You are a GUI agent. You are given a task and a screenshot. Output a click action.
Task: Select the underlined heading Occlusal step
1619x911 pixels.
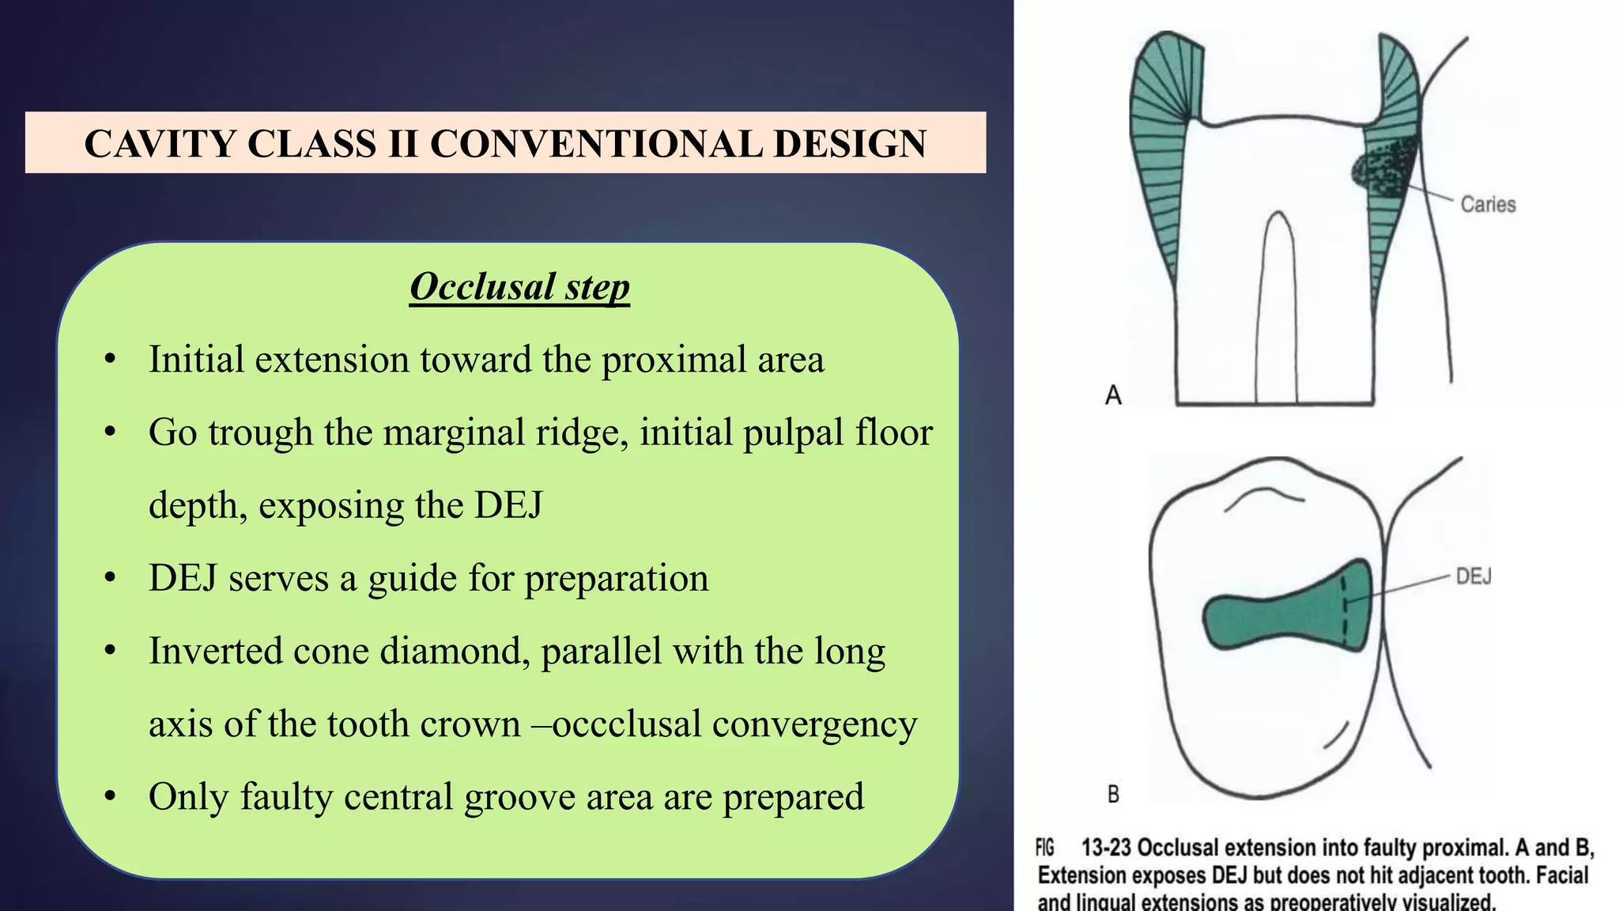pyautogui.click(x=519, y=286)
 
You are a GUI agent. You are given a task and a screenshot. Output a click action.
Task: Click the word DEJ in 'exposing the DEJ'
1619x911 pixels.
pyautogui.click(x=508, y=505)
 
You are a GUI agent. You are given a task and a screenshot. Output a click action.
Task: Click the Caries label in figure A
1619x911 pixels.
pyautogui.click(x=1487, y=204)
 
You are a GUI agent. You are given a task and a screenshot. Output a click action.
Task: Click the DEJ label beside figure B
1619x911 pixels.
pyautogui.click(x=1473, y=576)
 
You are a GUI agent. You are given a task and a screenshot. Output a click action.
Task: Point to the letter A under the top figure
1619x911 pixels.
pyautogui.click(x=1113, y=395)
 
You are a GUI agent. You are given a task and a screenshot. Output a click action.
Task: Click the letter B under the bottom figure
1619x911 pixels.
pyautogui.click(x=1113, y=794)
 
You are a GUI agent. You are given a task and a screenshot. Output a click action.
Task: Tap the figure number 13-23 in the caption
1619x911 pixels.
pyautogui.click(x=1107, y=848)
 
